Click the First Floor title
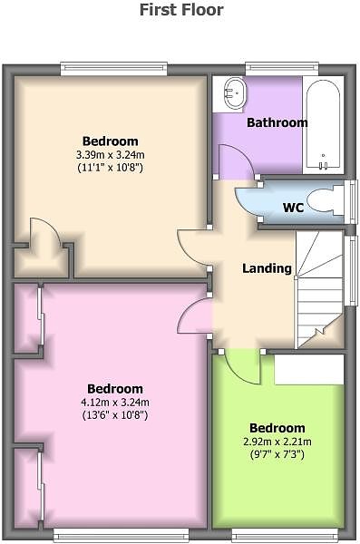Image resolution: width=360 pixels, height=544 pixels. click(181, 9)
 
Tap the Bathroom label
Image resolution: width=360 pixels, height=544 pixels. click(277, 122)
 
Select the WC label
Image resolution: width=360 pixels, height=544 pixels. click(293, 208)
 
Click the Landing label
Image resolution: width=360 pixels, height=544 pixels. click(267, 268)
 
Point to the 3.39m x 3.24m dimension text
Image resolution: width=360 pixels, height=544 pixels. click(111, 155)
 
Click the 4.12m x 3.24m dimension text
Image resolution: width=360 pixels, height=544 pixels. click(115, 403)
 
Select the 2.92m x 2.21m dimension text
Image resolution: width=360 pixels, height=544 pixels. click(277, 442)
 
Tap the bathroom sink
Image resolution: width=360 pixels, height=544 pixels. click(235, 92)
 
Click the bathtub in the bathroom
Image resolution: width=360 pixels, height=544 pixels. click(323, 125)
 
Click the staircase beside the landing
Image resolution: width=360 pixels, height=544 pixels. click(319, 290)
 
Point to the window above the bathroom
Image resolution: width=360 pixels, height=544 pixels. click(282, 69)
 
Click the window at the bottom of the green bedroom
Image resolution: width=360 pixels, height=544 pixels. click(285, 535)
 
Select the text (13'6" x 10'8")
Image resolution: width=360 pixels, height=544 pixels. click(115, 415)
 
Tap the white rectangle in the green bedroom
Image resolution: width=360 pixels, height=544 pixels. click(309, 369)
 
